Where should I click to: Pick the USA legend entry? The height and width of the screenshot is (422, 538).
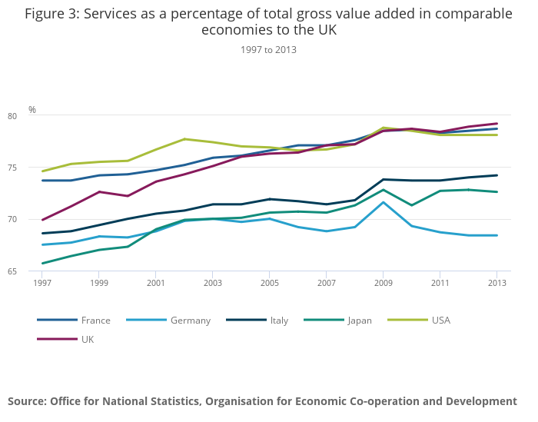pos(440,320)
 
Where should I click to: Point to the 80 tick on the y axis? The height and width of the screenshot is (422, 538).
pos(34,116)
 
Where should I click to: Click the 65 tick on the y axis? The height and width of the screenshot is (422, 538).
pos(34,271)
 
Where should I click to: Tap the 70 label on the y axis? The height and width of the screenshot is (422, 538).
pos(34,220)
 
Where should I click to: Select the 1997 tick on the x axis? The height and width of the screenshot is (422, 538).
pos(42,283)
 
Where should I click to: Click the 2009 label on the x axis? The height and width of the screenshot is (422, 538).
pos(383,283)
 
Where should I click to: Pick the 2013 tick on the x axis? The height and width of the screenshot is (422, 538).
pos(496,283)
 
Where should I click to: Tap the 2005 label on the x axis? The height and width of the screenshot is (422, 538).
pos(269,283)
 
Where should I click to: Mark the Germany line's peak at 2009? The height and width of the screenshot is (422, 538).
pos(383,202)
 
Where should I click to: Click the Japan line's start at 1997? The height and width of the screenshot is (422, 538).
pos(42,264)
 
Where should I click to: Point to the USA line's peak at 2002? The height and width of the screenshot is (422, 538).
pos(184,139)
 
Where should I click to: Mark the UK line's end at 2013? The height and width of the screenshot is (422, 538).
pos(496,124)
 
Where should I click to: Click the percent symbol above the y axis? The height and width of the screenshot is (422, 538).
pos(32,110)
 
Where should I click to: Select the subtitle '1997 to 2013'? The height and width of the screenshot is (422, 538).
pos(268,50)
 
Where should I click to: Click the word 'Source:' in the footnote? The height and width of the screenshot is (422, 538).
pos(27,401)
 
